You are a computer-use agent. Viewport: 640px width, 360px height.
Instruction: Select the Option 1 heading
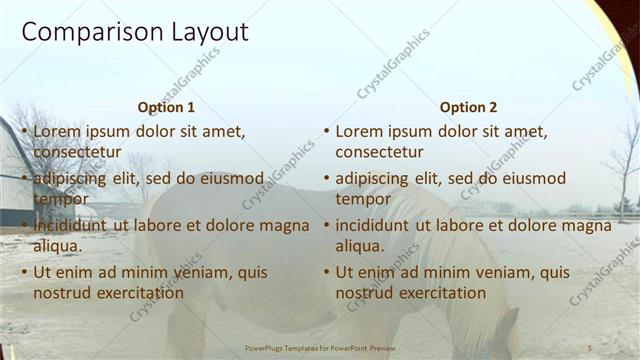coord(166,107)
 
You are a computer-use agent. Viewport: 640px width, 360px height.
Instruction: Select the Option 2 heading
coord(468,107)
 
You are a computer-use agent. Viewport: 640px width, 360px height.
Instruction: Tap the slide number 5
coord(590,347)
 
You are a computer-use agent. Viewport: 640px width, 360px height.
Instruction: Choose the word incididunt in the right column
coord(378,225)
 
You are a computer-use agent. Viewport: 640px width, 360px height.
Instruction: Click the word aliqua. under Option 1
coord(59,246)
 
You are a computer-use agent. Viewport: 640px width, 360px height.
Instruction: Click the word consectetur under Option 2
coord(379,152)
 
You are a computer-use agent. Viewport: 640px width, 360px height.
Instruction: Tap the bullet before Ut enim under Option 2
coord(326,272)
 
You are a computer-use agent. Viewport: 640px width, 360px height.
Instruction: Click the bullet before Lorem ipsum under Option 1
coord(24,131)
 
